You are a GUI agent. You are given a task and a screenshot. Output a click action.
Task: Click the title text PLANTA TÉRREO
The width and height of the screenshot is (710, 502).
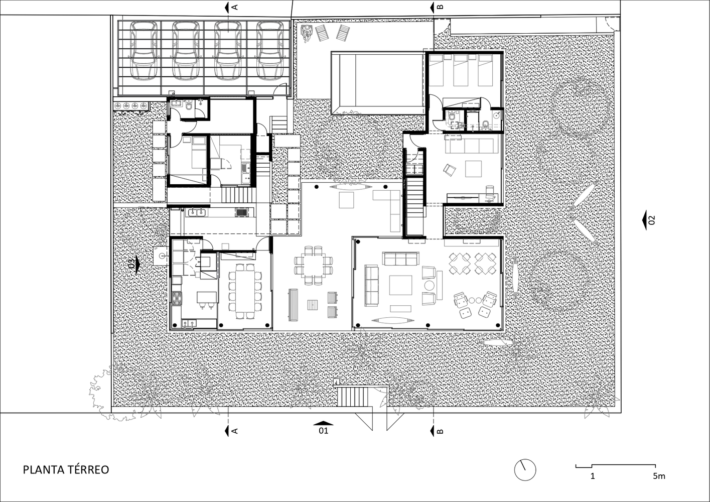(x=66, y=470)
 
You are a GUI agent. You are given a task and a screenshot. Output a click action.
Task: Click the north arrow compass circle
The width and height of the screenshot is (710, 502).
(x=525, y=470)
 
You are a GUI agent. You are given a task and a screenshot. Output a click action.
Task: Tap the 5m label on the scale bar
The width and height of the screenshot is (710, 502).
(x=659, y=476)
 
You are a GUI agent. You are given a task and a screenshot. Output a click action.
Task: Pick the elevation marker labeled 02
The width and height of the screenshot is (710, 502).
(x=647, y=220)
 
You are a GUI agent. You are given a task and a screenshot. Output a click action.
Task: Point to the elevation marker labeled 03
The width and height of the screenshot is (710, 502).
(x=134, y=264)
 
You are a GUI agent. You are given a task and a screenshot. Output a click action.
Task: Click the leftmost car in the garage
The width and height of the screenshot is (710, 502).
(x=144, y=50)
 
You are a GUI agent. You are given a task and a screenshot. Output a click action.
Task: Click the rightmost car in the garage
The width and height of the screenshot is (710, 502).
(x=269, y=50)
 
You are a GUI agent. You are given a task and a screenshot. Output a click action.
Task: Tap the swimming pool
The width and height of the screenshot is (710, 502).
(x=378, y=84)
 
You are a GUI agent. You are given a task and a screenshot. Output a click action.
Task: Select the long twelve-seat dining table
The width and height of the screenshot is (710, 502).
(x=245, y=291)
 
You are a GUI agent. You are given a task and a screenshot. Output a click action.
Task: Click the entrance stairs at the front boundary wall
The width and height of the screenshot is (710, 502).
(x=353, y=397)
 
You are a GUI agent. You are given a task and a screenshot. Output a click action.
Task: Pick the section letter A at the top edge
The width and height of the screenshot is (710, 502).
(x=235, y=7)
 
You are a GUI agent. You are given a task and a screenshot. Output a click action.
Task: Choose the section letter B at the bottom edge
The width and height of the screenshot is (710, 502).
(x=440, y=431)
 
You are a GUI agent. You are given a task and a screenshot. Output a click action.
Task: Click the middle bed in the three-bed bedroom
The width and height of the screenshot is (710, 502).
(x=460, y=70)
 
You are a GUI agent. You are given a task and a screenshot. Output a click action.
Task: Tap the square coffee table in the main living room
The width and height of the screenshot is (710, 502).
(x=400, y=285)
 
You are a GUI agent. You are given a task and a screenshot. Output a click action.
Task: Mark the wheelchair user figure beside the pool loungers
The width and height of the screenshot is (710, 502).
(x=307, y=33)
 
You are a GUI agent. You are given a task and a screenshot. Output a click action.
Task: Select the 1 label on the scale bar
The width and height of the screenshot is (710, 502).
(x=593, y=476)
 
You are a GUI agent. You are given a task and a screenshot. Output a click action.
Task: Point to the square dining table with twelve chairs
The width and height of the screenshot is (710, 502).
(x=313, y=265)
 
